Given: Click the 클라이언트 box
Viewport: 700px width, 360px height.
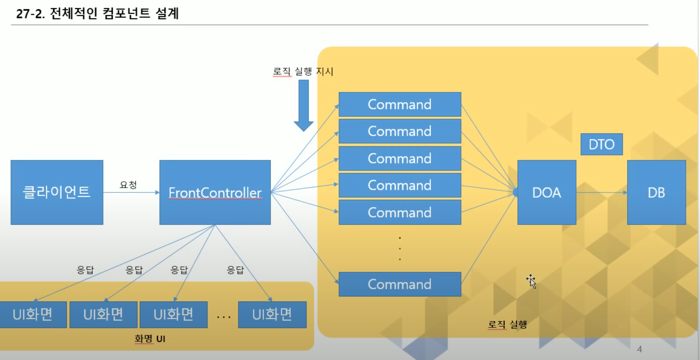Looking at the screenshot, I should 57,192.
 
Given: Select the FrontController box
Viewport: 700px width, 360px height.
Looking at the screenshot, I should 215,192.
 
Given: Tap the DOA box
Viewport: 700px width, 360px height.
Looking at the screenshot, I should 546,192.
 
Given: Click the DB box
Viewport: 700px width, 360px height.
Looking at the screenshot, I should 656,192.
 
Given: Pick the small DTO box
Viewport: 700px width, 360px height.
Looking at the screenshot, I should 601,144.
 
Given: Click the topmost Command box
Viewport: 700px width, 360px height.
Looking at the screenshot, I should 400,104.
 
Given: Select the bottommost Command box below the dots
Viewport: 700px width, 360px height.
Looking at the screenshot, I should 400,284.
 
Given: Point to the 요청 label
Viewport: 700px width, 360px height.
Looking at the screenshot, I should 128,185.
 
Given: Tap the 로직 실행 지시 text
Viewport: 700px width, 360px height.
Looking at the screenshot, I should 303,71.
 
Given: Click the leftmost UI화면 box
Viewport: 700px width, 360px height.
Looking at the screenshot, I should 33,314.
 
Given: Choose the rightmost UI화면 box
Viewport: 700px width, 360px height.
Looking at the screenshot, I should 272,314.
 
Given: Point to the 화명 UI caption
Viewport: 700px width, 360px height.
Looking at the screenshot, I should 150,339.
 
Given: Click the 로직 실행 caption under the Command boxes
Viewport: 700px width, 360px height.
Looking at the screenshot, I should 507,324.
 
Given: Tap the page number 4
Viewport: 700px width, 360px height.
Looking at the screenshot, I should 640,349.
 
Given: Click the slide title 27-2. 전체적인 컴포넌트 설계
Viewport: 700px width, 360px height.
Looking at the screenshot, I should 97,13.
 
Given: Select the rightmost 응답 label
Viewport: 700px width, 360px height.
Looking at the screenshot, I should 235,270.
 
